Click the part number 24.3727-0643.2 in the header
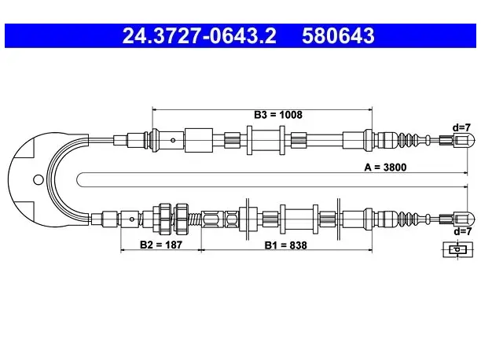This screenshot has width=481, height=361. (199, 35)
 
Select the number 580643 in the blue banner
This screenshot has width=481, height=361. (338, 35)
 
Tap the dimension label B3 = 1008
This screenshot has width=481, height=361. (278, 115)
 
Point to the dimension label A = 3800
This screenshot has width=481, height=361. (385, 168)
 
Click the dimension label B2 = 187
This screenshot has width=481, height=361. (161, 245)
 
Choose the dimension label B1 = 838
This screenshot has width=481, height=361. (285, 245)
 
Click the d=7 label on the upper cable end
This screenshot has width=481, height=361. (461, 127)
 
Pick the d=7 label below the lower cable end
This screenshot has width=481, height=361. (462, 231)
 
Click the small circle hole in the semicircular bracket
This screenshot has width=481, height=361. (39, 180)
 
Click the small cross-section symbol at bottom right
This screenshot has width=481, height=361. (457, 249)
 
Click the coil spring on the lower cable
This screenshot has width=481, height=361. (194, 219)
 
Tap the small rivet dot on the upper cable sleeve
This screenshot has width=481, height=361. (173, 141)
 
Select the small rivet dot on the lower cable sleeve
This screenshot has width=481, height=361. (131, 219)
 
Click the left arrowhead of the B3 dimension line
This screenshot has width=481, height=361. (155, 109)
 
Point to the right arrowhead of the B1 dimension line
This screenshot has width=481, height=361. (369, 250)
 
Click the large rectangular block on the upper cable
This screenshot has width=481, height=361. (199, 140)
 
